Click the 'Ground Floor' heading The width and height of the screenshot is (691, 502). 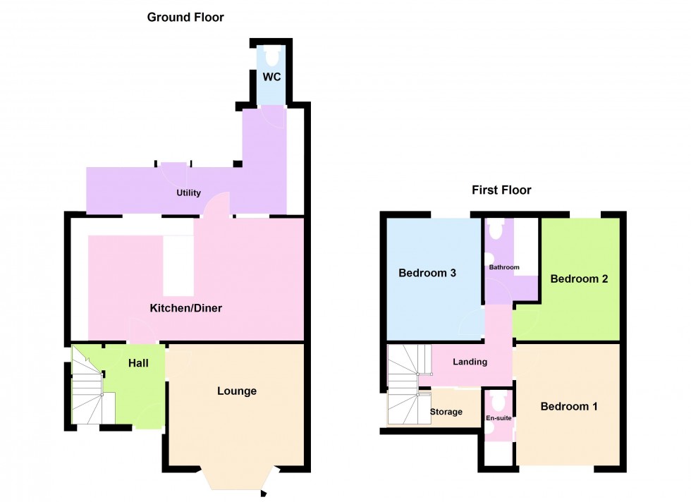(185, 17)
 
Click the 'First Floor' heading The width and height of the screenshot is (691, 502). (501, 190)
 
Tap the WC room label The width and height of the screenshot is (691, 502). (272, 77)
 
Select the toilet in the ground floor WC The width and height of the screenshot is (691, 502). (271, 54)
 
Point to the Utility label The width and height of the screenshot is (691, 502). (188, 192)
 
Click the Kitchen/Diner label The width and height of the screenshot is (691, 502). (186, 308)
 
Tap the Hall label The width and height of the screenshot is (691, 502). (138, 363)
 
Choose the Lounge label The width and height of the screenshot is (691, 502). (237, 391)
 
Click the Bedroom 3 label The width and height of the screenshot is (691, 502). (427, 273)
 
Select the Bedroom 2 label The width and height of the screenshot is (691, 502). (579, 278)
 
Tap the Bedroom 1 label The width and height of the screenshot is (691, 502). (569, 406)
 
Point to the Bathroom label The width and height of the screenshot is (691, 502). (504, 267)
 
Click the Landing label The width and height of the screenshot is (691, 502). (470, 362)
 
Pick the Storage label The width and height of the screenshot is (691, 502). (446, 412)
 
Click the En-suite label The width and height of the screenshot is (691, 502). (499, 418)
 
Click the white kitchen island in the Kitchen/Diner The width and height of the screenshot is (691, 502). (178, 266)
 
